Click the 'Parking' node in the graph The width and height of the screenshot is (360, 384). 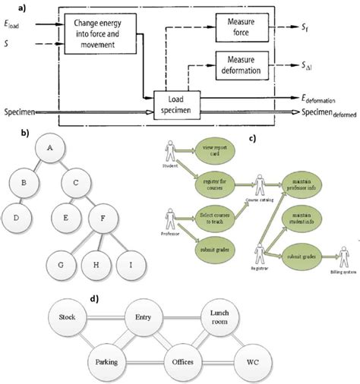coord(108,361)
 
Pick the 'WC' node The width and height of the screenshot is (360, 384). coord(254,361)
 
